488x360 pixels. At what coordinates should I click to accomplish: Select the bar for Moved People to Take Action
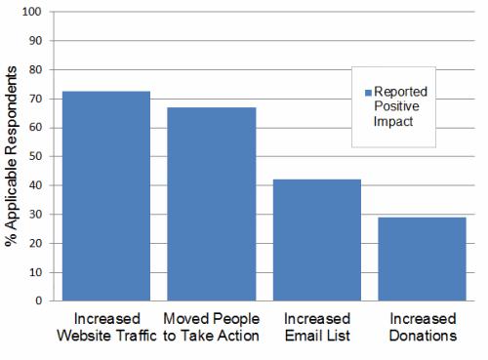click(x=212, y=204)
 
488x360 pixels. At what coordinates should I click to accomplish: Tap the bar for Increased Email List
click(x=317, y=240)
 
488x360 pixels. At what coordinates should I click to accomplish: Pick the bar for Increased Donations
click(x=423, y=259)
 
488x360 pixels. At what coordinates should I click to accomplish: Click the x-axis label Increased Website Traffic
click(x=105, y=328)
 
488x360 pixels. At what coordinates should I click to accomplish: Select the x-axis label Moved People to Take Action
click(x=211, y=328)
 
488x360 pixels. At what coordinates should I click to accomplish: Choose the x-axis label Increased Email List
click(x=317, y=328)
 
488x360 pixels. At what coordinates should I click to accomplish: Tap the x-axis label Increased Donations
click(x=423, y=328)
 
